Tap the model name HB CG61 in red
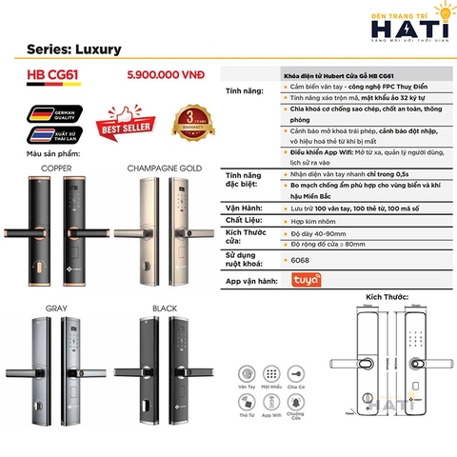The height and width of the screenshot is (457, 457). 54,71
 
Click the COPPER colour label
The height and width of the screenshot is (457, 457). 57,168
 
